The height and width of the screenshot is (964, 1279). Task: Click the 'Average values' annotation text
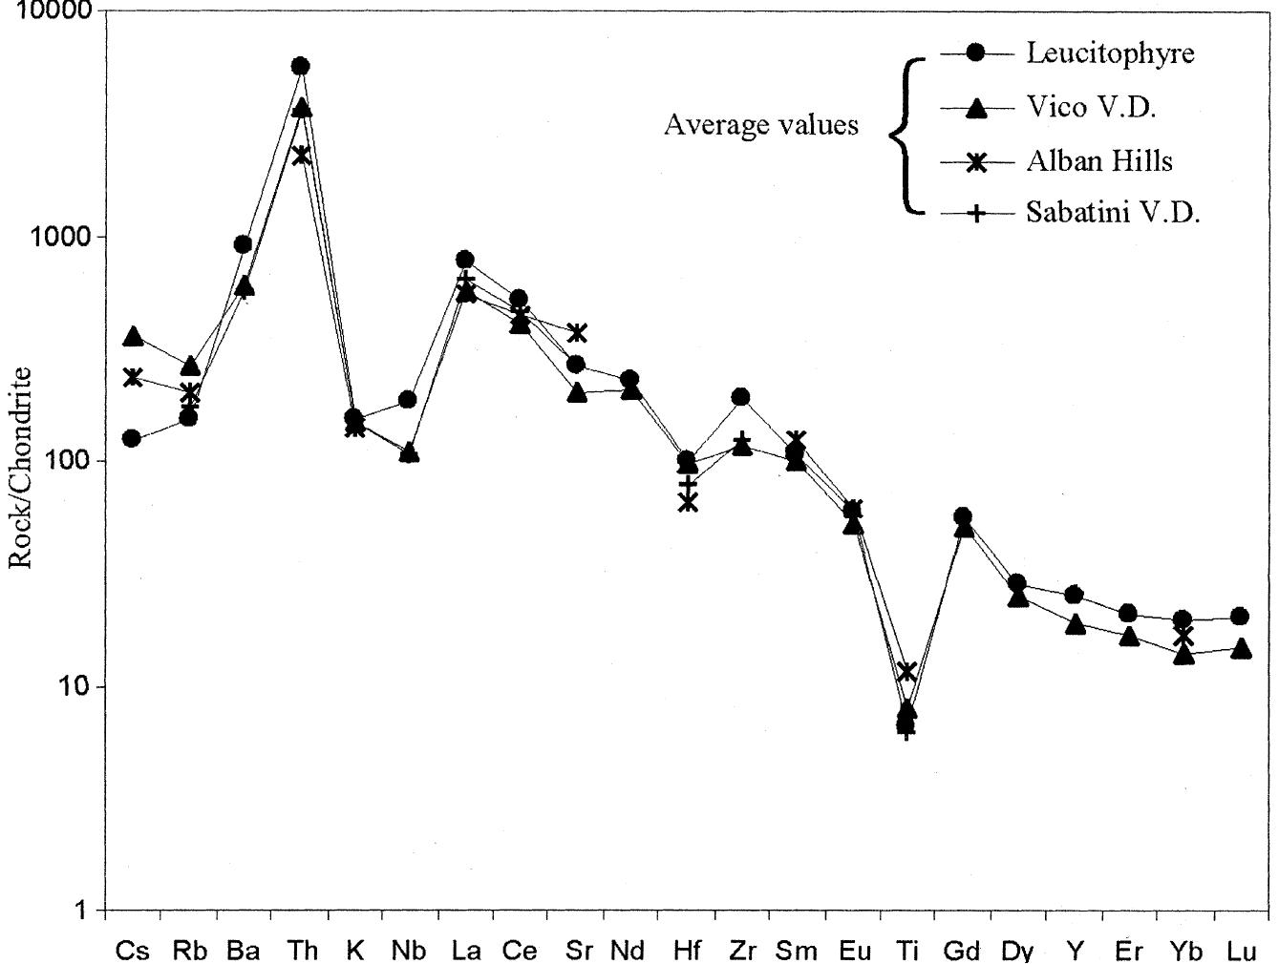point(760,125)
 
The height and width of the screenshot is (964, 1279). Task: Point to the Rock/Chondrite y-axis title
point(21,468)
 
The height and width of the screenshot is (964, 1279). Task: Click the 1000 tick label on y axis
point(53,237)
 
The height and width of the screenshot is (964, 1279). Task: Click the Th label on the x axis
point(301,951)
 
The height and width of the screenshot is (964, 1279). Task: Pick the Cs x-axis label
point(132,951)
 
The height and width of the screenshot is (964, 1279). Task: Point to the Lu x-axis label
point(1241,951)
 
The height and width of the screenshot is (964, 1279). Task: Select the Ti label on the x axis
point(907,951)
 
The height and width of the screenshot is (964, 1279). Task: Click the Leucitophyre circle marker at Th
point(300,66)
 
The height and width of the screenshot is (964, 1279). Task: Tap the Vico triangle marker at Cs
point(134,337)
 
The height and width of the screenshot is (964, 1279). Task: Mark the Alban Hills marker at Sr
point(577,333)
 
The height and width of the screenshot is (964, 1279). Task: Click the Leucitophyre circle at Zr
point(740,397)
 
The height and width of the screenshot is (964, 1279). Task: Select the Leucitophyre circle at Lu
point(1240,617)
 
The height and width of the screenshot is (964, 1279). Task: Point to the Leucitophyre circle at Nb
point(408,399)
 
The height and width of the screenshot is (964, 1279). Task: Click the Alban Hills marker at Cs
point(133,378)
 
